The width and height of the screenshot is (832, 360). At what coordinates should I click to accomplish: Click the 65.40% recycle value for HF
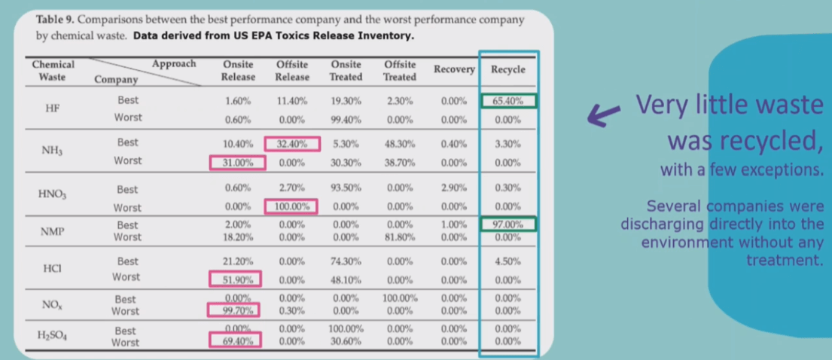[x=508, y=101]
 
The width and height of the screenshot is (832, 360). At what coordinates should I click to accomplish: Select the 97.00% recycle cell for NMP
[x=508, y=224]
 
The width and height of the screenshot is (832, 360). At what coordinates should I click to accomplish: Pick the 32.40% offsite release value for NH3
[x=292, y=144]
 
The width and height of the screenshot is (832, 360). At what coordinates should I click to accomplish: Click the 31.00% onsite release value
[x=238, y=162]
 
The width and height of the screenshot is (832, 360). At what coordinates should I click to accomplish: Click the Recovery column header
[x=454, y=69]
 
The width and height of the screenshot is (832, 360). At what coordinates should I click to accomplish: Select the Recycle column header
[x=508, y=69]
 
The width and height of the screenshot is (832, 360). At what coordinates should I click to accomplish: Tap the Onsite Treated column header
[x=346, y=71]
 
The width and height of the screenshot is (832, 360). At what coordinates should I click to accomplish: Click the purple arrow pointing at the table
[x=605, y=114]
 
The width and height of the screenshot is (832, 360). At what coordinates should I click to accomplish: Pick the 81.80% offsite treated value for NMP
[x=399, y=237]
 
